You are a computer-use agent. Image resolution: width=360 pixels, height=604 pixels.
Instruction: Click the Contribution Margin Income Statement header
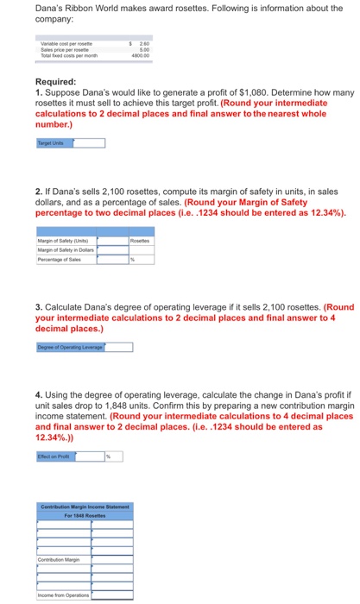coord(85,506)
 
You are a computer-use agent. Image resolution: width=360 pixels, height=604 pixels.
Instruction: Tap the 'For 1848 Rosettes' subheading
coord(85,515)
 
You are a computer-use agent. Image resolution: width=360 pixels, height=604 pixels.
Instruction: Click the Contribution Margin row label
coord(59,559)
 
